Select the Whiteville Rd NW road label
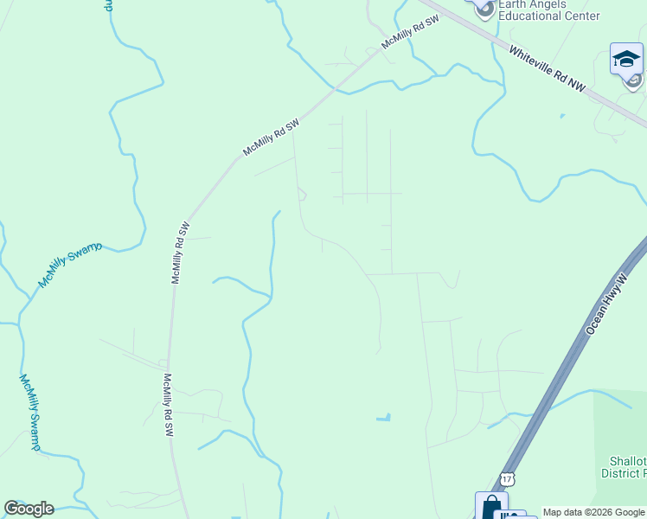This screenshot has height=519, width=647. click(x=547, y=68)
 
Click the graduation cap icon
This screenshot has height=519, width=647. click(x=625, y=58)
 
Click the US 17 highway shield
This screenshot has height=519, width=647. click(x=507, y=478)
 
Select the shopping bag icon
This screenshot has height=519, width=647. click(x=490, y=504)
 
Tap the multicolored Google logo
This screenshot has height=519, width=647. click(x=29, y=509)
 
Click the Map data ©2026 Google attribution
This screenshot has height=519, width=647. click(x=593, y=512)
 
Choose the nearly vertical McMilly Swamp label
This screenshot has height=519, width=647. click(x=29, y=412)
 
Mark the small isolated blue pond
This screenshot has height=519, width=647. click(x=382, y=418)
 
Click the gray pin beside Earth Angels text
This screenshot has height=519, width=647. click(x=485, y=10)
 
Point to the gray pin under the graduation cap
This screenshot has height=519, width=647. click(x=634, y=81)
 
